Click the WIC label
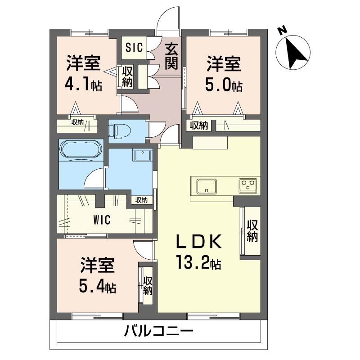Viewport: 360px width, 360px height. tap(102, 220)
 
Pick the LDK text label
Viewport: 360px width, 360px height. tap(198, 243)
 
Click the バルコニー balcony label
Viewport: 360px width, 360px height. tap(158, 333)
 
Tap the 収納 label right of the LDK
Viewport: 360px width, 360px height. tap(252, 231)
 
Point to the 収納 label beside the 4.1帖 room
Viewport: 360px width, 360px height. tap(127, 76)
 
